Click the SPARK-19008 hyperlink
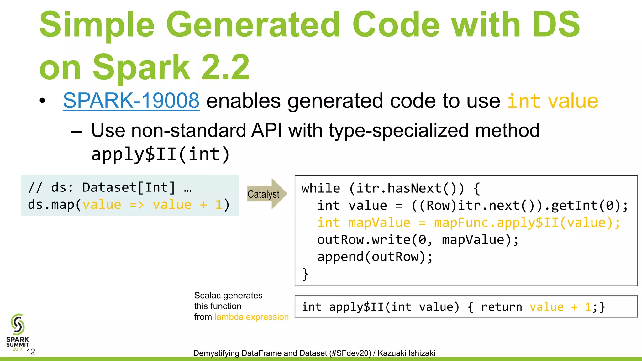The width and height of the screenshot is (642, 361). click(x=131, y=101)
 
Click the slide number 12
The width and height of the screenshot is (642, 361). click(x=31, y=352)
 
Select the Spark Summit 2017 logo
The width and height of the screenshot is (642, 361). click(x=18, y=332)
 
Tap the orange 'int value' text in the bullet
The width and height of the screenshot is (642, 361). click(x=553, y=101)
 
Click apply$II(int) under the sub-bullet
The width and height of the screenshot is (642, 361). click(x=160, y=154)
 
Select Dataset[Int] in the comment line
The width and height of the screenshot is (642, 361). click(x=129, y=187)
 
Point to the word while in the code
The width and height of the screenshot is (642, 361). click(x=321, y=188)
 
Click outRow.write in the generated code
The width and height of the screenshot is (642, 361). click(x=364, y=240)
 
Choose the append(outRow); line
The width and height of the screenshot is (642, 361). click(x=375, y=257)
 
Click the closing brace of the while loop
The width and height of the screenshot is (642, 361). click(x=305, y=274)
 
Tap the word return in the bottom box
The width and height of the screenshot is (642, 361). click(x=502, y=307)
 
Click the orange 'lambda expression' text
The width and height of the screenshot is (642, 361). click(x=251, y=317)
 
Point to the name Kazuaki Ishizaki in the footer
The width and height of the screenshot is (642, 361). click(x=406, y=353)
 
